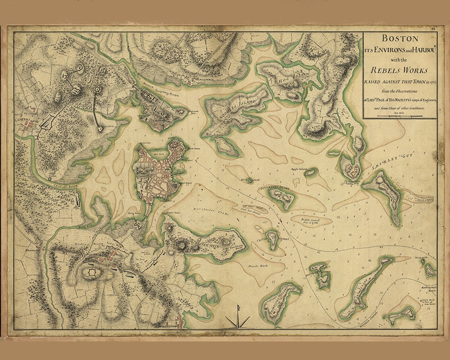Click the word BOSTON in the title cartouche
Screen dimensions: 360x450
point(400,39)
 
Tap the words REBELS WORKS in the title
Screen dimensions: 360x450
point(400,70)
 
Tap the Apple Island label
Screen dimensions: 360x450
point(298,170)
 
